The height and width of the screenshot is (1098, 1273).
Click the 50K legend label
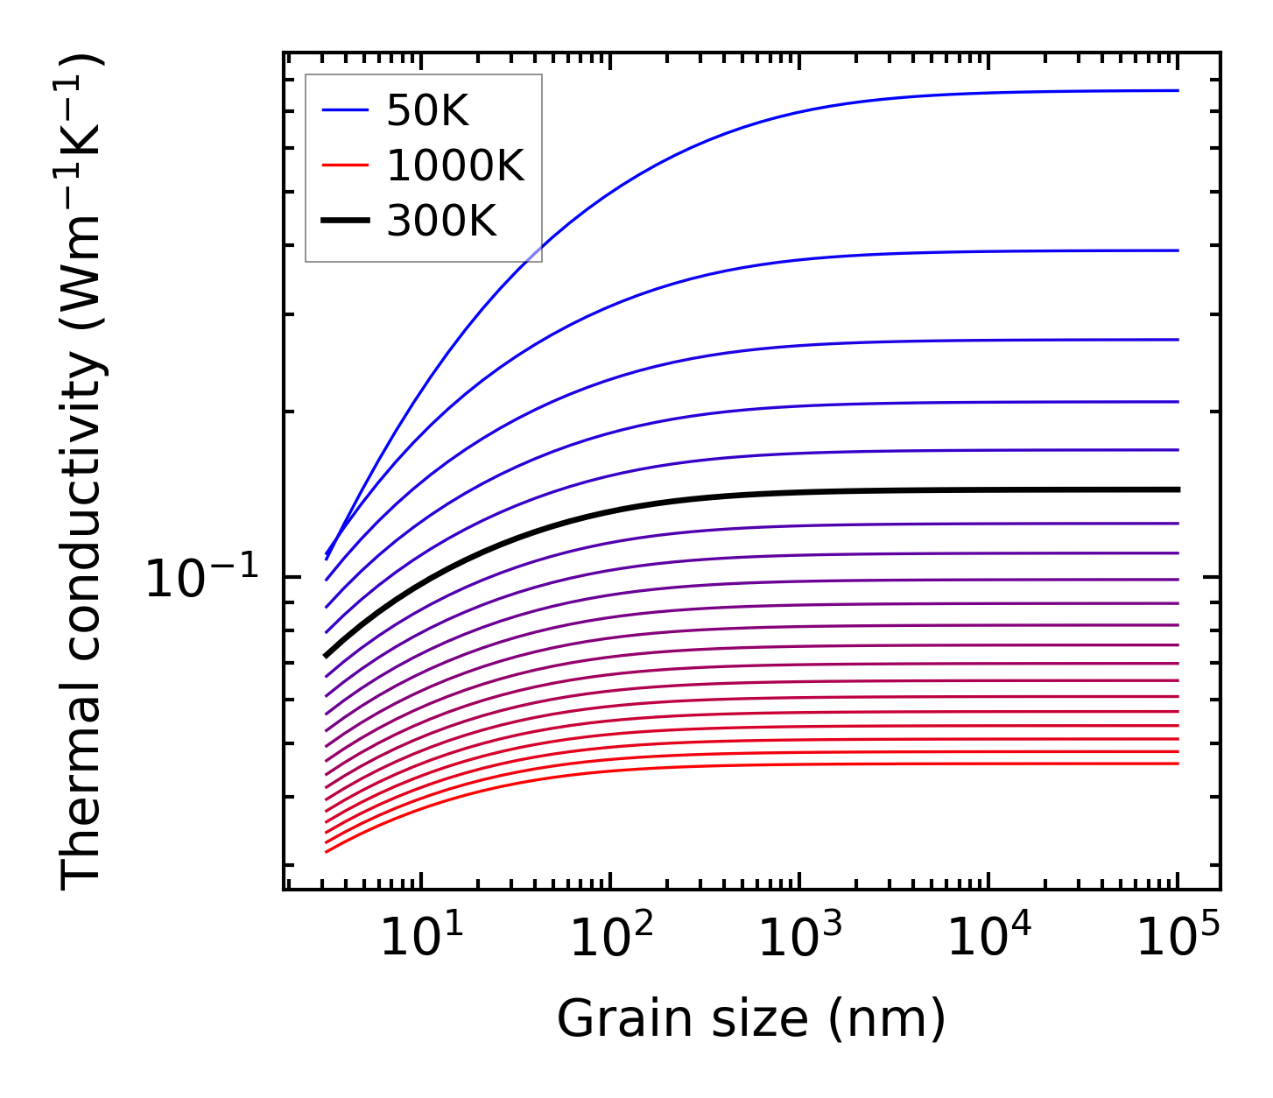tap(427, 111)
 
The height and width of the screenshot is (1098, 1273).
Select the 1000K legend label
tap(454, 166)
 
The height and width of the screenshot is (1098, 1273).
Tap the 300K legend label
tap(440, 222)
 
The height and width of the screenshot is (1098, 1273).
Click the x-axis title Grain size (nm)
tap(751, 1019)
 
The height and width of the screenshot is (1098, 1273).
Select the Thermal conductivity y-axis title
tap(83, 473)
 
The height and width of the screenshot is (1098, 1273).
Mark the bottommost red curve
tap(700, 767)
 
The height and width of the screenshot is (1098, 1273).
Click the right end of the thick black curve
tap(1178, 489)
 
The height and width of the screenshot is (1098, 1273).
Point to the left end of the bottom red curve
tap(326, 851)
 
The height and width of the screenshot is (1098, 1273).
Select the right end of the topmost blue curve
tap(1178, 90)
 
